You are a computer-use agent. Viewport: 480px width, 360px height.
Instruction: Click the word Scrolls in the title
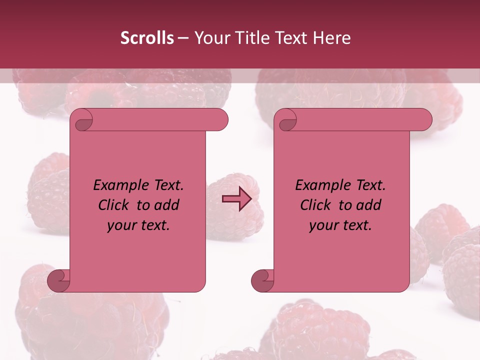[x=146, y=38]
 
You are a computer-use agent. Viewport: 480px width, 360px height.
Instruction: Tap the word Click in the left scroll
[x=114, y=205]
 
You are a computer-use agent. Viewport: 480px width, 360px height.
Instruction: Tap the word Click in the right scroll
[x=316, y=205]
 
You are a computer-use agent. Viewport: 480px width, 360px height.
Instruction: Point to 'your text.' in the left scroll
[x=138, y=225]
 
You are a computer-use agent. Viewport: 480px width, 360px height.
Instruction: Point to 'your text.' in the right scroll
[x=340, y=225]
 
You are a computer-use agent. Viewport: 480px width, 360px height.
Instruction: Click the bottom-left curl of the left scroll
[x=58, y=281]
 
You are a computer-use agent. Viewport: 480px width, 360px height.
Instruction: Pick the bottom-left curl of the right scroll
[x=262, y=281]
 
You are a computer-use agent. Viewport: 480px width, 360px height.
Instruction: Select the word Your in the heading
[x=209, y=38]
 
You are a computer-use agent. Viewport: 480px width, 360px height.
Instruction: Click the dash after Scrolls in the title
[x=183, y=38]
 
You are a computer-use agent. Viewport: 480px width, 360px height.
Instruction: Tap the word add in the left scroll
[x=166, y=205]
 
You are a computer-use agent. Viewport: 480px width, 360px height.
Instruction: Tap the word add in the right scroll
[x=368, y=205]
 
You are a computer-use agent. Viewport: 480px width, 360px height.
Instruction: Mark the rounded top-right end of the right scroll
[x=424, y=119]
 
